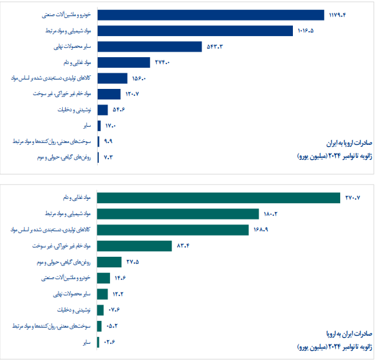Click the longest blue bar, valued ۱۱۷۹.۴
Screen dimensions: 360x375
[x=211, y=15]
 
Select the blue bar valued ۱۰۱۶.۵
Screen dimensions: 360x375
[x=195, y=30]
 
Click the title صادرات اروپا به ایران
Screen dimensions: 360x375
[x=349, y=142]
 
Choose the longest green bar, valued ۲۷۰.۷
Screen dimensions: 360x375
[x=219, y=198]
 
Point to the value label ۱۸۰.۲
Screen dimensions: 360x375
[x=272, y=214]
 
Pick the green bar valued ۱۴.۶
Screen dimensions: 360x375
[x=104, y=278]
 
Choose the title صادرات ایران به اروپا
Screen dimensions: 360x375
[x=349, y=333]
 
